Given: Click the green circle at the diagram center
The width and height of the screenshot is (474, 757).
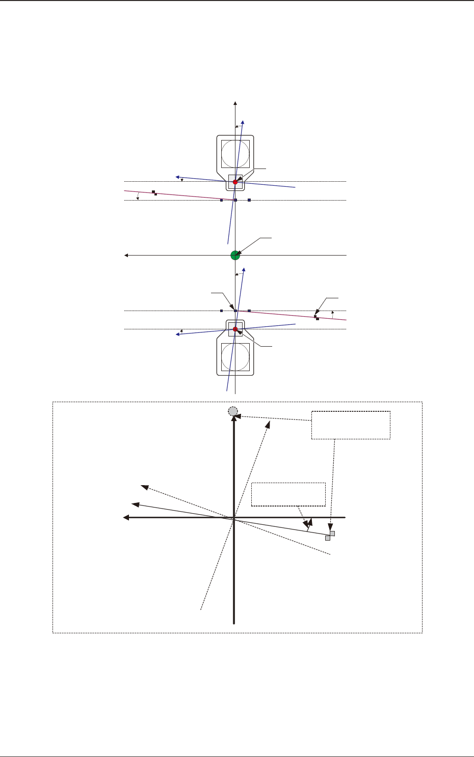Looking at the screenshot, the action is point(235,255).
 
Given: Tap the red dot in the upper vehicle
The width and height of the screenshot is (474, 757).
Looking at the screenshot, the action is point(235,182).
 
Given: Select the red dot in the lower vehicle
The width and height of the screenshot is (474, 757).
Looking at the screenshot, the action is point(235,329).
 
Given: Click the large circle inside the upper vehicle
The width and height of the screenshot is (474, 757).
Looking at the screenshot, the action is point(235,154).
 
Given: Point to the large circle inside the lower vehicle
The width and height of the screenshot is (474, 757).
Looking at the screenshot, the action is point(235,358).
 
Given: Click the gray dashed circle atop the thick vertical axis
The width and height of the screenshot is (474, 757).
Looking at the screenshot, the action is point(233,411).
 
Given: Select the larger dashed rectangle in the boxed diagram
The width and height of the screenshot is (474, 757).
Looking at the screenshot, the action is point(351,425).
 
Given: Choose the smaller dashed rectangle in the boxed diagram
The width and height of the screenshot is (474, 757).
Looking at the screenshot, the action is point(288,494).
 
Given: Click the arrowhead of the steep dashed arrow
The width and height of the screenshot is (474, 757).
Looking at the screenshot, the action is point(268,423).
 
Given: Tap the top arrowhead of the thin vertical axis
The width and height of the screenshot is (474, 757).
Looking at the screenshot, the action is point(235,104).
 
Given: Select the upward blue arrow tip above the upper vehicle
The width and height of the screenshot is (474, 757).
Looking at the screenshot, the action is point(243,122).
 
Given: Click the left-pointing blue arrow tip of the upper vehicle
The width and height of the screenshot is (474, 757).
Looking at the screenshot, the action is point(177,178).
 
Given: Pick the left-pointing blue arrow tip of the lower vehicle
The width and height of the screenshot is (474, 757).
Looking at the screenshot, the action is point(178,334).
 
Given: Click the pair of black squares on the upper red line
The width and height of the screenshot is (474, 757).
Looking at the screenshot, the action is point(154,193).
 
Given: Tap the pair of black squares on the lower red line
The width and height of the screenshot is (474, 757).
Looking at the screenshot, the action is point(316,318).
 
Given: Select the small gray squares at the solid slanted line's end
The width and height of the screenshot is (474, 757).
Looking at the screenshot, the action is point(330,536).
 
